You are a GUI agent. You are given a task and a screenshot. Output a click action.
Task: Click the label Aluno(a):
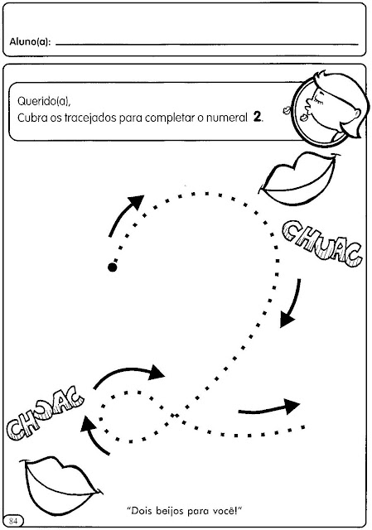click(31, 42)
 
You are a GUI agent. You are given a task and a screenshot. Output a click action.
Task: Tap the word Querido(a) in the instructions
click(44, 101)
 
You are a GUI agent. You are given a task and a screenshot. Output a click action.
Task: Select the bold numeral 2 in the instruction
click(258, 118)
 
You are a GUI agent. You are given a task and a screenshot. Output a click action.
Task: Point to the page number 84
click(13, 521)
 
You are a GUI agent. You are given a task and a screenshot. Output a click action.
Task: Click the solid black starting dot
click(113, 267)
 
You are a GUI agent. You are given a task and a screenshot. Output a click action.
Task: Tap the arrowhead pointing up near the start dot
click(136, 201)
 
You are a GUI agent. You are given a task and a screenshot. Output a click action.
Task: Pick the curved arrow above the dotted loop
click(128, 370)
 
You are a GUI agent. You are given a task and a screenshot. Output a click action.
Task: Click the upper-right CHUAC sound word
click(322, 244)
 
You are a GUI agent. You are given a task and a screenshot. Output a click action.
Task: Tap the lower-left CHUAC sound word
click(44, 414)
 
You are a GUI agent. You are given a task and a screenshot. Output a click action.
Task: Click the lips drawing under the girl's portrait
click(299, 179)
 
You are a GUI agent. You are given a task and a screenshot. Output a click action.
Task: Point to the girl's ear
click(355, 113)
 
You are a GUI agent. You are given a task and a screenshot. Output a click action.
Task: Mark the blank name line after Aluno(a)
click(207, 44)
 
